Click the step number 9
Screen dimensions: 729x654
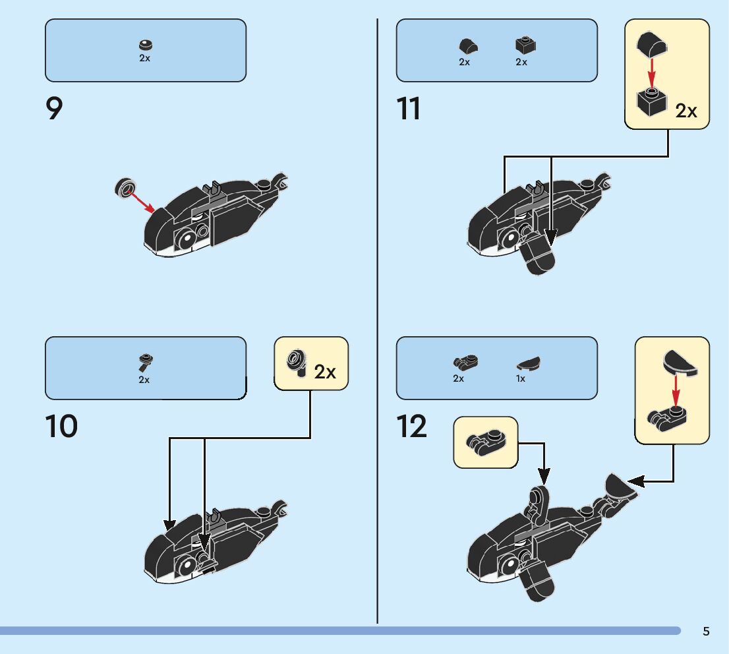[54, 109]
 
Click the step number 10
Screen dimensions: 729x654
[61, 427]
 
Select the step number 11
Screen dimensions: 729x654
[409, 109]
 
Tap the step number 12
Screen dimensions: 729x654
[412, 427]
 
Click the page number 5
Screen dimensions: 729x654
[706, 632]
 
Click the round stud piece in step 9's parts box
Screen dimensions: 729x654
[145, 45]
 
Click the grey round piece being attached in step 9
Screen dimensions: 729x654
[124, 187]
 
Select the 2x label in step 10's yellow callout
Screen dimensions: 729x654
[325, 372]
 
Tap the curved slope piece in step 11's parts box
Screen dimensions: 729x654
[468, 46]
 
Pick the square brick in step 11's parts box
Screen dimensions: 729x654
[525, 45]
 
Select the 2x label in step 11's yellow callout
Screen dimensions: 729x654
[686, 111]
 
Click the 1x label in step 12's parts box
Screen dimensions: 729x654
[521, 379]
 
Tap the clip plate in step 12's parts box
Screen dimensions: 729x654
[465, 362]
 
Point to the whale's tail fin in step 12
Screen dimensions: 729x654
[620, 488]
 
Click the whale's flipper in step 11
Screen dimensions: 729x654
[537, 255]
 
